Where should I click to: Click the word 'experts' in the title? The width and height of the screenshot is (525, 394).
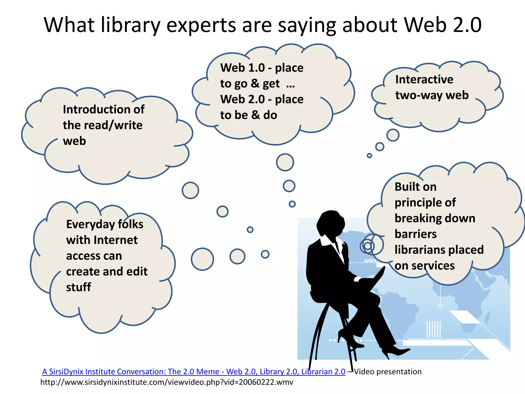[201, 25]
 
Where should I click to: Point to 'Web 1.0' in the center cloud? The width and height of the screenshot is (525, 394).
[242, 68]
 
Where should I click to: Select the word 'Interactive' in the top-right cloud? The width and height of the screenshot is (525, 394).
[424, 80]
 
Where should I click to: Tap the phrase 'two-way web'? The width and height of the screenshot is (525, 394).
[432, 95]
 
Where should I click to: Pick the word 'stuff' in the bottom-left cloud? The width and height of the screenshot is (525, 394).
[78, 287]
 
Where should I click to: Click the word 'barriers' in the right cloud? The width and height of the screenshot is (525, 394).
[415, 234]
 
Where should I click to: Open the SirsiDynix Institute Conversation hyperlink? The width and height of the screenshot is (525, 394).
[194, 372]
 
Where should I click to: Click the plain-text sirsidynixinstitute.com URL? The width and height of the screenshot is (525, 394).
[167, 382]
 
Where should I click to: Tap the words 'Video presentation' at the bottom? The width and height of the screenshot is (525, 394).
[388, 372]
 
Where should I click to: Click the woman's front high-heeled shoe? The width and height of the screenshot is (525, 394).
[395, 351]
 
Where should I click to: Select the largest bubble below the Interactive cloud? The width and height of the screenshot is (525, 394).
[393, 135]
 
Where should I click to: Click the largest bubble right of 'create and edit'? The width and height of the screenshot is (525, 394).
[202, 259]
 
